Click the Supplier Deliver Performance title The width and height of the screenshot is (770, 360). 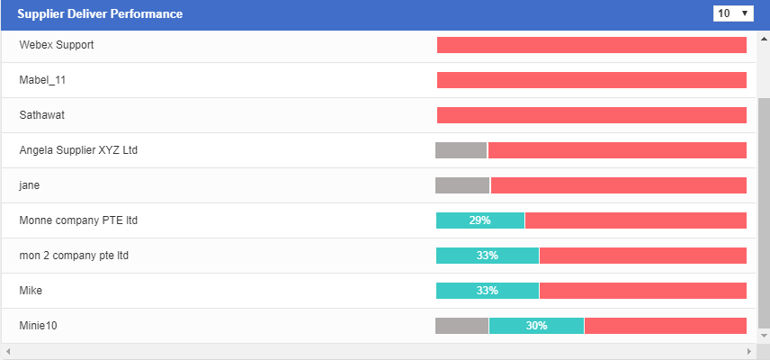tap(100, 14)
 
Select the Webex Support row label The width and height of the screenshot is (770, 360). tap(57, 45)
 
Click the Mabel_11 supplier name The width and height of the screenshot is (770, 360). tap(42, 80)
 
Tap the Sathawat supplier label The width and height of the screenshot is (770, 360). tap(41, 115)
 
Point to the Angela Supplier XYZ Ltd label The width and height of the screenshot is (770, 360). tap(78, 150)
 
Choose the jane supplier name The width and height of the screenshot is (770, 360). tap(30, 185)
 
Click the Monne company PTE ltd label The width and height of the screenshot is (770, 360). tap(78, 220)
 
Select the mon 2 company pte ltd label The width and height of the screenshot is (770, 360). tap(74, 256)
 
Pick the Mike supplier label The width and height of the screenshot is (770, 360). tap(31, 291)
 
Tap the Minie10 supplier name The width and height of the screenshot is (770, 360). tap(38, 326)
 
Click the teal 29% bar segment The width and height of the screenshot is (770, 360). tap(480, 220)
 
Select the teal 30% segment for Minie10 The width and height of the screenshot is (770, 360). tap(536, 326)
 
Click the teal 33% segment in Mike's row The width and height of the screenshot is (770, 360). tap(488, 291)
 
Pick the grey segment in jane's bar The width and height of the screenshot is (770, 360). tap(462, 185)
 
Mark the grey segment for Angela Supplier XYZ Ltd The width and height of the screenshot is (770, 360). tap(461, 150)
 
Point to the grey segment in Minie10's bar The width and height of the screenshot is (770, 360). tap(461, 326)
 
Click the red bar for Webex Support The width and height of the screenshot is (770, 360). tap(591, 45)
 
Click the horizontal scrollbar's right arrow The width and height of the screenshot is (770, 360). tap(748, 351)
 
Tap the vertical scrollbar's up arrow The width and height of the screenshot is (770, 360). tap(764, 38)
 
